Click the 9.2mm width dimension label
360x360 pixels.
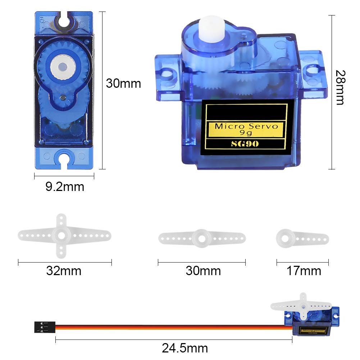point(65,186)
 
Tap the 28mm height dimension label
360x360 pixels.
point(340,87)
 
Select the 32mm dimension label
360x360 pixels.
point(64,271)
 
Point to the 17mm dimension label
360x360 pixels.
point(304,271)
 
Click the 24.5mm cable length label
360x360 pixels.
point(185,348)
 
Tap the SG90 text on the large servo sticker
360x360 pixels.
point(245,144)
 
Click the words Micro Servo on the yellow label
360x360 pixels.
point(246,126)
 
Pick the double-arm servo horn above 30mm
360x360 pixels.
point(202,238)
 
